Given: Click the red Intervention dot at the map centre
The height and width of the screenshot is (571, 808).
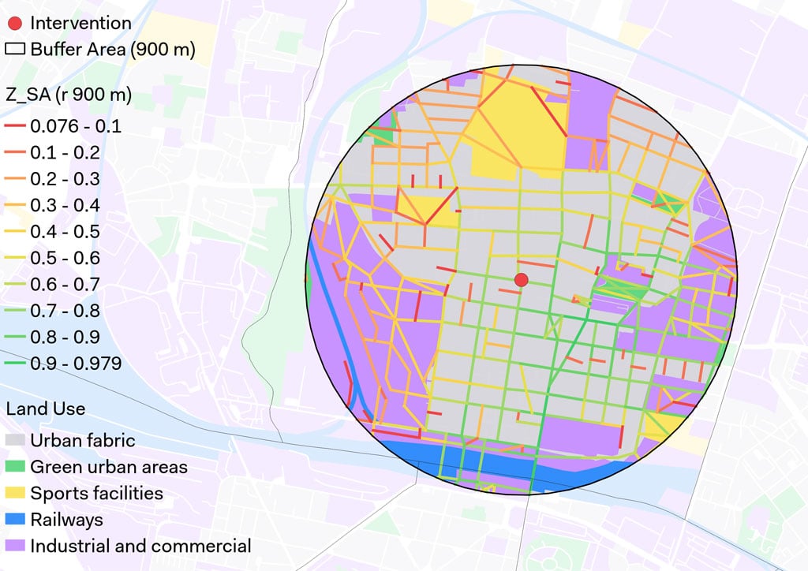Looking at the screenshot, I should point(520,279).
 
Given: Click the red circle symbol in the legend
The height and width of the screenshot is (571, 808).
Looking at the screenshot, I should point(15,23).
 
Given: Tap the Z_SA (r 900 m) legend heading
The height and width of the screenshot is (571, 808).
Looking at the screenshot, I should point(69,95).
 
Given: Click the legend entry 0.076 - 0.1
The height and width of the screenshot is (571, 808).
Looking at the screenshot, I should point(75,126).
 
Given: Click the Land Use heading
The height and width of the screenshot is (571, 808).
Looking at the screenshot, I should point(45,409).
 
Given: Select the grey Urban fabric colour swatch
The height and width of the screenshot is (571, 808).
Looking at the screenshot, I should point(15,440).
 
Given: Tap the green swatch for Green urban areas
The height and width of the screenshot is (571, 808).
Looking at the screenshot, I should point(15,467).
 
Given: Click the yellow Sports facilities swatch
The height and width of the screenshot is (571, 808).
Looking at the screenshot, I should point(15,494).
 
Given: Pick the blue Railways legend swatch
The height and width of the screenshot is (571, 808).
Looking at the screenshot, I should point(15,520).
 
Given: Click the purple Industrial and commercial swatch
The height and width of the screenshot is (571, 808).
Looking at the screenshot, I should point(15,546).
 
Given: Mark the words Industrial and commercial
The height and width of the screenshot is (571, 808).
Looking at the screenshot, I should point(140,546).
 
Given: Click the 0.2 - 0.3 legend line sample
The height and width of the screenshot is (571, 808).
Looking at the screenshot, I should point(15,179).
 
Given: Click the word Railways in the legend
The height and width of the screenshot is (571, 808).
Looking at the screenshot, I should point(66,520).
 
